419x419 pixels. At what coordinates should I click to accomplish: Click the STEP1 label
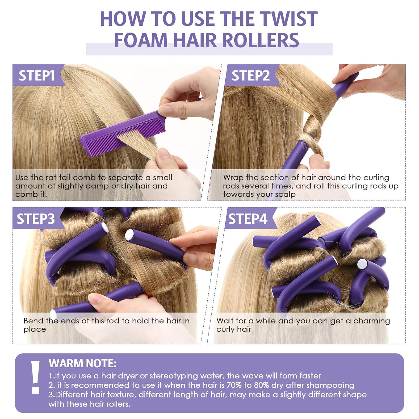tap(37, 76)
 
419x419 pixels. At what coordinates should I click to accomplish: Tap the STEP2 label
tap(251, 76)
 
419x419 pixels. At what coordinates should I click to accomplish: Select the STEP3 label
tap(36, 219)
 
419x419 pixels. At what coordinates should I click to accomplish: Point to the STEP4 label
tap(248, 219)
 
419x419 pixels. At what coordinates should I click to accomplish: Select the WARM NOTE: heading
tap(82, 363)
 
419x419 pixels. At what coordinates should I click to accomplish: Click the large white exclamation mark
tap(35, 377)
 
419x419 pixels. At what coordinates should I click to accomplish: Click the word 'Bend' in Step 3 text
tap(33, 321)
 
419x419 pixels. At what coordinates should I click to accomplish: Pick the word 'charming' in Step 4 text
tap(372, 321)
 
